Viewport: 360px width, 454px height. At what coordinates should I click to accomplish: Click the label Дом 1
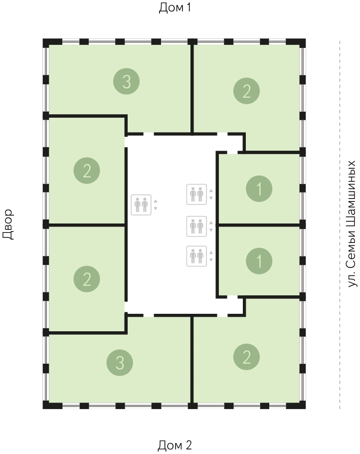tap(175, 7)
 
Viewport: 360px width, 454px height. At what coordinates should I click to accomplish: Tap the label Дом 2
tap(175, 445)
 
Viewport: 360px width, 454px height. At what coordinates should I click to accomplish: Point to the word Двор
tap(8, 225)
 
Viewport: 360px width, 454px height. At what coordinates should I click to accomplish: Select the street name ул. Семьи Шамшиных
tap(351, 224)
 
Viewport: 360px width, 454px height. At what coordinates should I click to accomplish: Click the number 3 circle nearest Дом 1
tap(127, 81)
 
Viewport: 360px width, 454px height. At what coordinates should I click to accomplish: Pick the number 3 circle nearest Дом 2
tap(120, 363)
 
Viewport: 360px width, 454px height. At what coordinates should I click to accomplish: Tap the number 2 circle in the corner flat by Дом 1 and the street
tap(246, 91)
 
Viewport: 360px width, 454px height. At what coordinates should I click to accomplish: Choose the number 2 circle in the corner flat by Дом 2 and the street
tap(246, 357)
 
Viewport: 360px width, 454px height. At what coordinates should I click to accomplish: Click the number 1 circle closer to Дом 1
tap(259, 189)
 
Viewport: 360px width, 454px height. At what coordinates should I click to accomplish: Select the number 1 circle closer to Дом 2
tap(259, 261)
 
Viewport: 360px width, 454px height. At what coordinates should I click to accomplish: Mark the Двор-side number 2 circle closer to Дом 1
tap(87, 171)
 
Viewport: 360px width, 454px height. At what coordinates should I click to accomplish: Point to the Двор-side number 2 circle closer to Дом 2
tap(87, 279)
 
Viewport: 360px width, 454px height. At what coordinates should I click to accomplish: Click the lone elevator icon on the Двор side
tap(141, 205)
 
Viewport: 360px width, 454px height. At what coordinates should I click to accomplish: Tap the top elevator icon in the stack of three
tap(196, 194)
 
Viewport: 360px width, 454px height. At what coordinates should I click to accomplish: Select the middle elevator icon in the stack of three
tap(196, 226)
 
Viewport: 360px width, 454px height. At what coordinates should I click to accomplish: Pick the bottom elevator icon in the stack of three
tap(196, 256)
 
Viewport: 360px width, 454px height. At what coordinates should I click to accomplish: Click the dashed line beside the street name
tap(340, 225)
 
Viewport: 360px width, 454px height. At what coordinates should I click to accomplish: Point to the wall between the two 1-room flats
tap(259, 225)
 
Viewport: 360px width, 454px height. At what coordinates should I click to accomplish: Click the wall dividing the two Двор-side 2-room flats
tap(86, 225)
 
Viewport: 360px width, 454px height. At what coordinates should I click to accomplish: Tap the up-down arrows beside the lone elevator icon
tap(156, 205)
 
